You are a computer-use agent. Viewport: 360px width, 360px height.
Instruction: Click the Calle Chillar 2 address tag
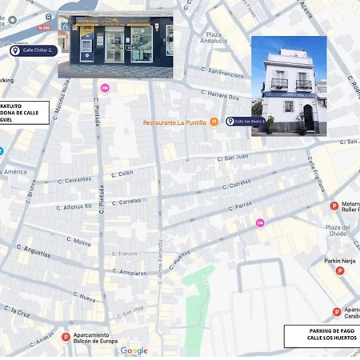tap(34, 50)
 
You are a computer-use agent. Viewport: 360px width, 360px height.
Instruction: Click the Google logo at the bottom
tap(134, 350)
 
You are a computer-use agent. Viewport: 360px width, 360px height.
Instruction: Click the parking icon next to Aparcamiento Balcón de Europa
tap(66, 338)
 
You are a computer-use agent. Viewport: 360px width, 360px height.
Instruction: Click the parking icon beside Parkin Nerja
tap(340, 271)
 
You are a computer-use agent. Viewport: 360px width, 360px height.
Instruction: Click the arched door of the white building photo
tap(308, 118)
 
